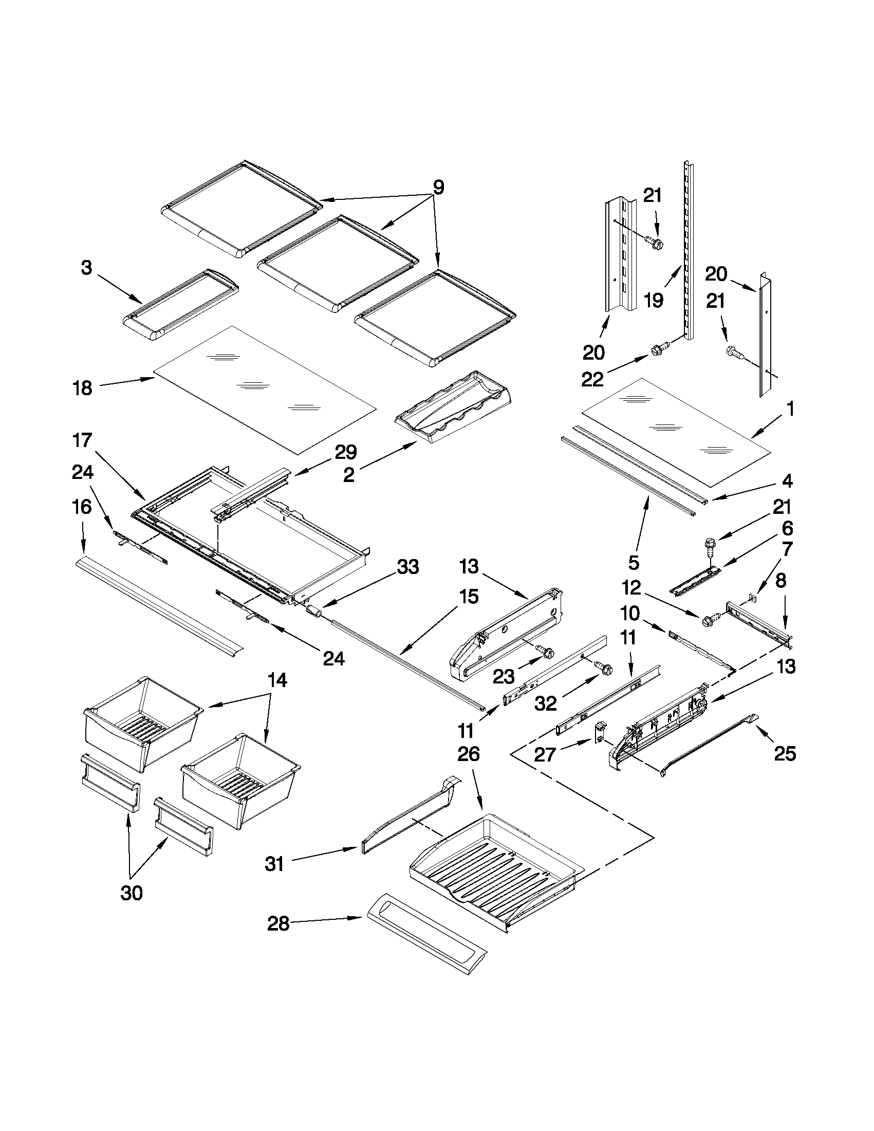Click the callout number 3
point(86,268)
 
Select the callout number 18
point(82,388)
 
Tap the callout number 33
point(407,567)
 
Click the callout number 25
point(784,753)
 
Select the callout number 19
point(654,300)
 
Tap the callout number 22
point(592,380)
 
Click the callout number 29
point(345,453)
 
